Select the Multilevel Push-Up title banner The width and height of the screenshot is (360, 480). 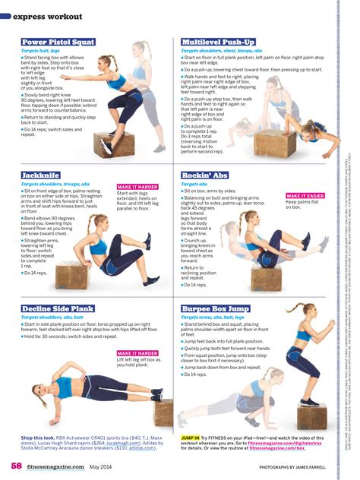219,42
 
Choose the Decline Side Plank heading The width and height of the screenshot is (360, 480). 57,309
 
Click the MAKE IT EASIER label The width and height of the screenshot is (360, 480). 305,196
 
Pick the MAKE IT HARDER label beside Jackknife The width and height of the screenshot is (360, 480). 137,186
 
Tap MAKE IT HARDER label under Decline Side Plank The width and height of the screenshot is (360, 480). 137,353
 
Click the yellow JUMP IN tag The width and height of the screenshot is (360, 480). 191,438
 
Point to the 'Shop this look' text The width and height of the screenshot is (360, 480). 38,438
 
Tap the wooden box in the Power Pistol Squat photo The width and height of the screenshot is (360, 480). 114,144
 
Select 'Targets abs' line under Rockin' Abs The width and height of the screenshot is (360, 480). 195,184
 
